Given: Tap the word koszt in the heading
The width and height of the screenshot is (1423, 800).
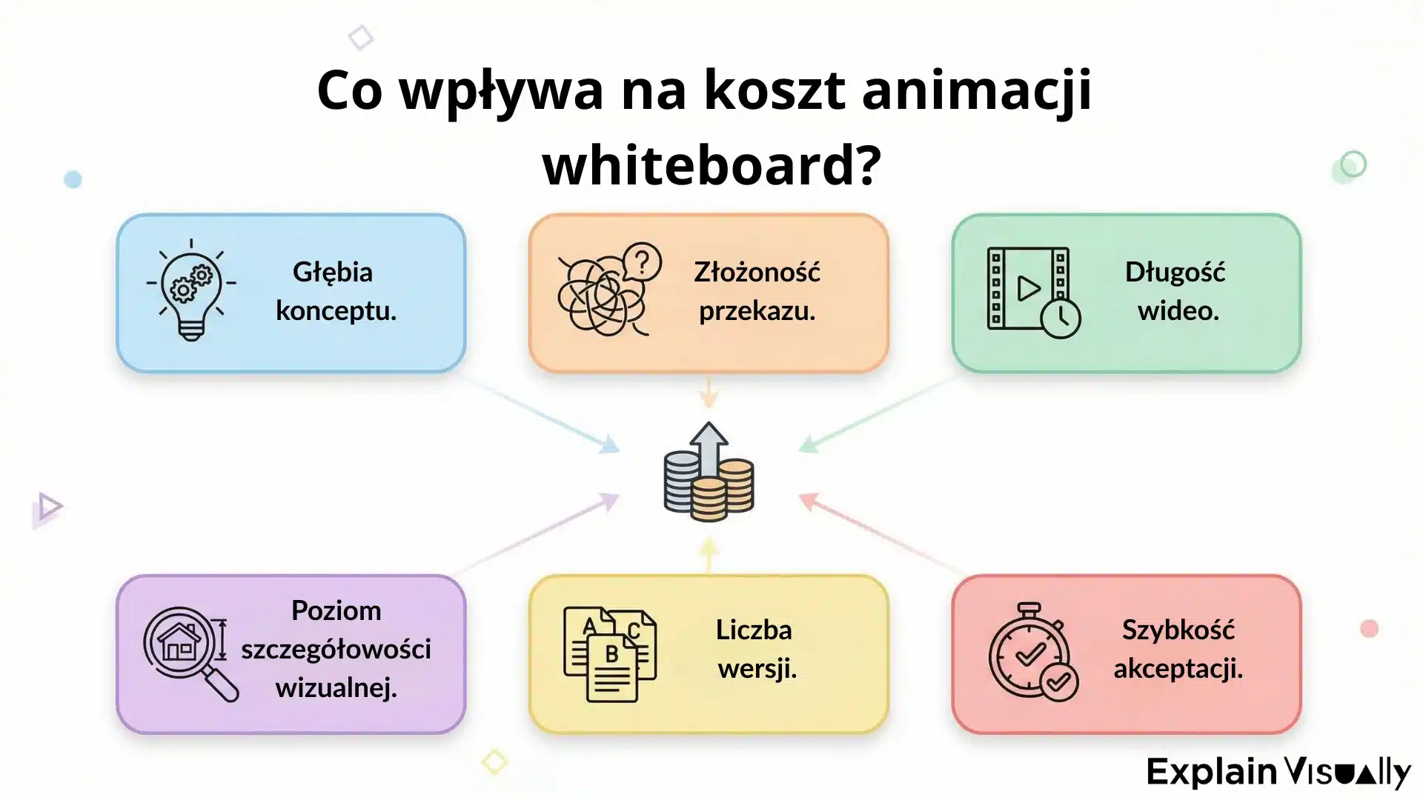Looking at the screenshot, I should (774, 90).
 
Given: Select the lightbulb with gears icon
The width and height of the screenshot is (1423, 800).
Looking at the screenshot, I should (191, 291).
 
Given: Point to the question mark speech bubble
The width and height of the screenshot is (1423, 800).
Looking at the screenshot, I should (642, 261).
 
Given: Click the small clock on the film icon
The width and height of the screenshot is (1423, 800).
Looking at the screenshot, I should (1061, 318).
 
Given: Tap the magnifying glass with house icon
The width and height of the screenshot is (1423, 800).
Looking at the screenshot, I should (190, 652).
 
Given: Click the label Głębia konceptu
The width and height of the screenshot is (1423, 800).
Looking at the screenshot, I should (336, 291).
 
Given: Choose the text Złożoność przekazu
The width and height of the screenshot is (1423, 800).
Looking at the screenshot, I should (757, 291).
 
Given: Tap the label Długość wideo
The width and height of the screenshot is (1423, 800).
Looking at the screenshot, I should (1177, 291).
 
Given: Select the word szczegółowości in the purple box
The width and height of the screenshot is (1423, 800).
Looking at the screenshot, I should (336, 649).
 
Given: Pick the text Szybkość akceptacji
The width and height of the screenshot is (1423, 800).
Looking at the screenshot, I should (1178, 649).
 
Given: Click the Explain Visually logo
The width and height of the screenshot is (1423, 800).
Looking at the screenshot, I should (1278, 772).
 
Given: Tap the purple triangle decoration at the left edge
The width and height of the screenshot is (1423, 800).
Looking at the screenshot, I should (48, 508).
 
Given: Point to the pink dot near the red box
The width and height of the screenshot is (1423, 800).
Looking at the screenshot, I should (1369, 629).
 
